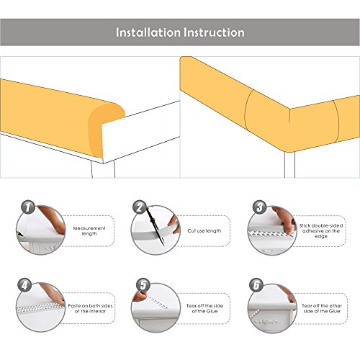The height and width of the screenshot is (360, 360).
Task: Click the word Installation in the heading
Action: [x=148, y=32]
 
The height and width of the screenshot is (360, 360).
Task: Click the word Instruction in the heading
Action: [x=214, y=32]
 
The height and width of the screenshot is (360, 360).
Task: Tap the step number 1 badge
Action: [x=28, y=207]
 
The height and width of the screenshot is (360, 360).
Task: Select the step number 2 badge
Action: [x=140, y=207]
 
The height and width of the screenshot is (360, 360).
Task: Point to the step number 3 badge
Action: [x=259, y=207]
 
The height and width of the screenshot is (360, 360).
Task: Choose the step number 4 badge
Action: [x=24, y=285]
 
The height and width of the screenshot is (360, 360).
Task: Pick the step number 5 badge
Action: [x=143, y=285]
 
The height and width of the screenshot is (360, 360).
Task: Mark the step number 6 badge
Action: [x=256, y=285]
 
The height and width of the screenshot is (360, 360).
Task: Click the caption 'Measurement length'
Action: [x=89, y=230]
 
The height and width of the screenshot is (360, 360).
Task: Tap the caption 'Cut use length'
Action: [x=204, y=230]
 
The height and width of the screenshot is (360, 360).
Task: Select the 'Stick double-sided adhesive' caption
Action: [x=321, y=231]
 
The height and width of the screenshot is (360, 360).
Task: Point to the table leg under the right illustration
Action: [x=289, y=165]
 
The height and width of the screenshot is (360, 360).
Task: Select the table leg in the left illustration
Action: [x=103, y=169]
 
